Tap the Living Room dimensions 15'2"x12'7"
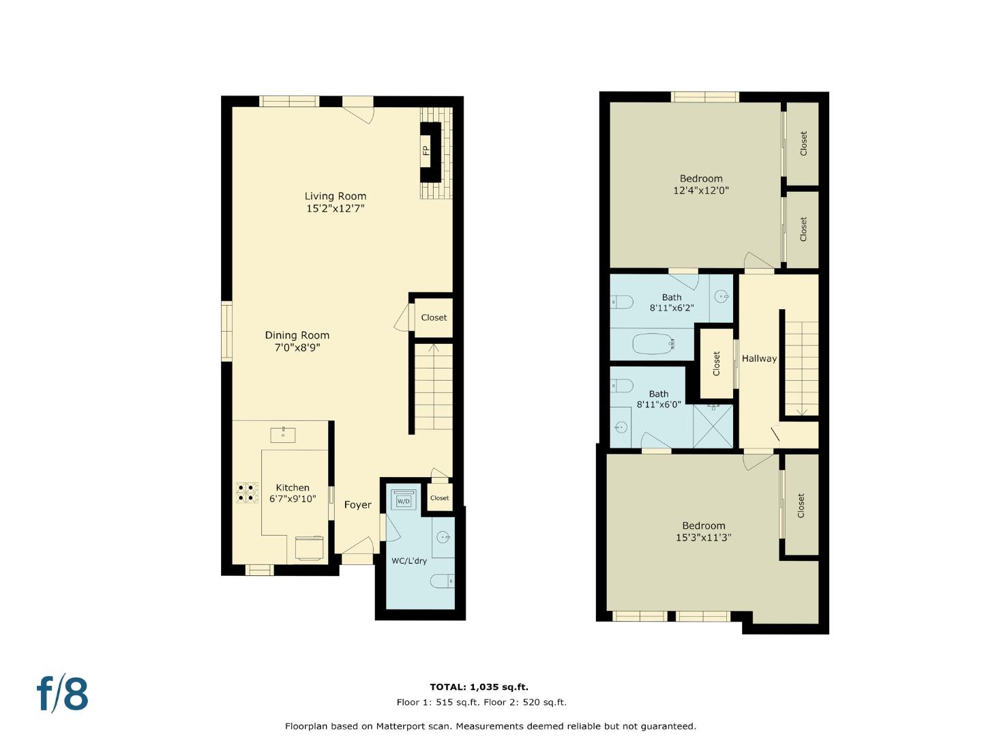[x=335, y=209]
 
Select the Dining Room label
[x=297, y=335]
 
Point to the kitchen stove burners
[x=247, y=493]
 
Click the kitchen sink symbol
[x=283, y=434]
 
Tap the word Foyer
[x=357, y=505]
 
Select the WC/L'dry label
[x=409, y=561]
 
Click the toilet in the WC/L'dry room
[x=442, y=581]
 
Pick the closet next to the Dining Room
[x=434, y=317]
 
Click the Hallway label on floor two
[x=759, y=358]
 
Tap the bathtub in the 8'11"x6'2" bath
[x=653, y=343]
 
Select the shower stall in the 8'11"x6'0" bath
[x=713, y=426]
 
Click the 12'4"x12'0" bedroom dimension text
[x=701, y=191]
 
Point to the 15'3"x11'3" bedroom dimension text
[x=704, y=538]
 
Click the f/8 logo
[x=62, y=694]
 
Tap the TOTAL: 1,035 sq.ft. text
[x=479, y=687]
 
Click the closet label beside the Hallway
[x=717, y=363]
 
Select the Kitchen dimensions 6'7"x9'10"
[x=293, y=499]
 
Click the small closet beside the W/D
[x=439, y=498]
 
